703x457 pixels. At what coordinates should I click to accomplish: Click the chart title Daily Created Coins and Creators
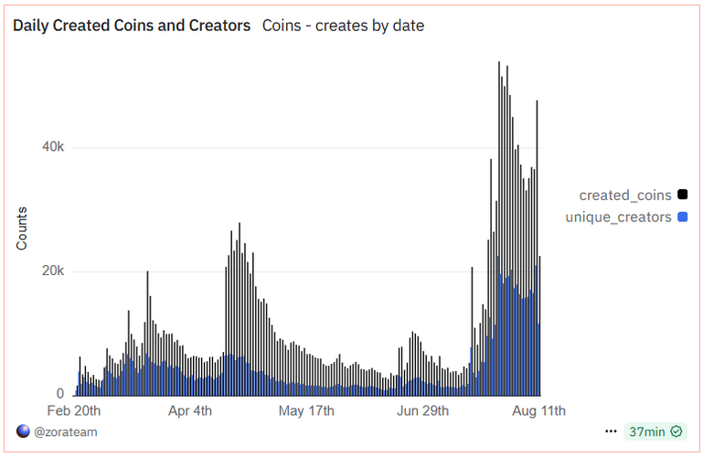(x=132, y=26)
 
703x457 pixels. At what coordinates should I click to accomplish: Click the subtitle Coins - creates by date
(x=343, y=26)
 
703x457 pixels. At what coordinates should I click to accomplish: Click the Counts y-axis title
(x=21, y=228)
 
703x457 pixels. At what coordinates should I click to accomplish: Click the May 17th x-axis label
(x=306, y=409)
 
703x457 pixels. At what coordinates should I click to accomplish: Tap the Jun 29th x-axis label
(x=421, y=409)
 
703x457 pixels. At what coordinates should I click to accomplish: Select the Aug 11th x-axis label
(x=538, y=409)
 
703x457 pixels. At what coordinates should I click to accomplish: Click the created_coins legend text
(x=625, y=195)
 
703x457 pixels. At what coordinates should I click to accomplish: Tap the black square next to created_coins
(x=682, y=195)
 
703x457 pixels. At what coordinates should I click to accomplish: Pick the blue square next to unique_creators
(x=682, y=217)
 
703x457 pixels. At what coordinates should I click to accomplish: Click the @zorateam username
(x=66, y=431)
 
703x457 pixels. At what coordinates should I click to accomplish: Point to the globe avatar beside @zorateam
(x=23, y=431)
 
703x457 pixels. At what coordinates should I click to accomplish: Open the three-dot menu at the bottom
(x=611, y=431)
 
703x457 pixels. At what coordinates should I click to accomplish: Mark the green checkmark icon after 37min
(x=676, y=431)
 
